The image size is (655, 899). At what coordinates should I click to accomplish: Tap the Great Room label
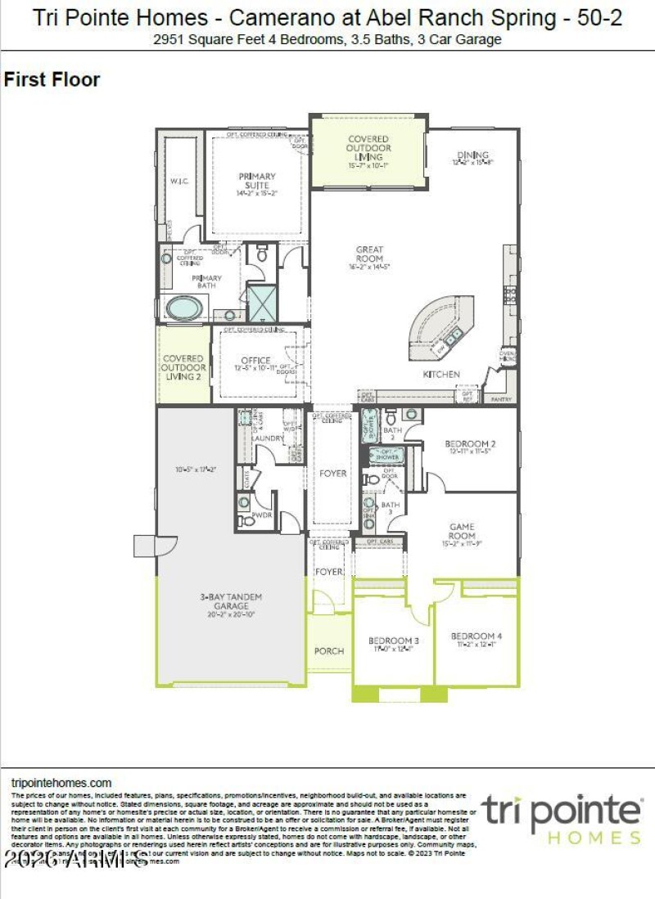369,254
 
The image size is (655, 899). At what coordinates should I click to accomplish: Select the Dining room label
472,155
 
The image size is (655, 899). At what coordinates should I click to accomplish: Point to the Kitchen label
441,374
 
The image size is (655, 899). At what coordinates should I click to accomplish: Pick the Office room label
255,361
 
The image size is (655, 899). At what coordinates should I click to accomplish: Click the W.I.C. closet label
179,181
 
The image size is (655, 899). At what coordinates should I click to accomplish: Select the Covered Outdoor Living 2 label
183,367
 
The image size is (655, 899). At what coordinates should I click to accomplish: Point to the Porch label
329,651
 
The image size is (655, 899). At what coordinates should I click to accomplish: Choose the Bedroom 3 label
393,640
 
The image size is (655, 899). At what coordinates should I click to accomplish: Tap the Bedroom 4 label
476,636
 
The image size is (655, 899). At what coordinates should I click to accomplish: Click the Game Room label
462,532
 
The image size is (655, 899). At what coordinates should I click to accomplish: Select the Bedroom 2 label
471,444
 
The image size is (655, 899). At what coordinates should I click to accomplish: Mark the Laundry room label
268,438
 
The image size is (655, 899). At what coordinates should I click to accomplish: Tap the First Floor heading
52,79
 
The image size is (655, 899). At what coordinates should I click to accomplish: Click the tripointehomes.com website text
61,783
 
